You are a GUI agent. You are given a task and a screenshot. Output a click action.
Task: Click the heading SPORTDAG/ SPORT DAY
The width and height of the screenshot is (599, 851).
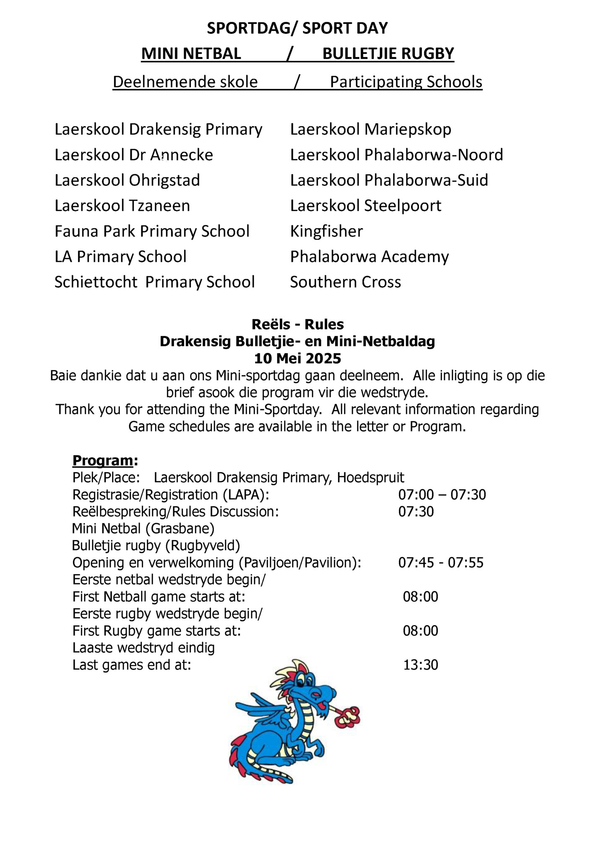click(297, 28)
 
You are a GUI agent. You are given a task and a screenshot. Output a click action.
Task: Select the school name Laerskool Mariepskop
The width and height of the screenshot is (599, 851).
click(370, 129)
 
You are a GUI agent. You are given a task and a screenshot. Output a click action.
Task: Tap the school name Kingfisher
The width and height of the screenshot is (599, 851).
click(326, 231)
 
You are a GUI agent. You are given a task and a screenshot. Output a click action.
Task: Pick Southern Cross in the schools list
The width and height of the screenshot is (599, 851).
click(345, 282)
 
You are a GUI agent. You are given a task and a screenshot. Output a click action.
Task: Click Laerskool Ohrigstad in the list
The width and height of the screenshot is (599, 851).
click(127, 180)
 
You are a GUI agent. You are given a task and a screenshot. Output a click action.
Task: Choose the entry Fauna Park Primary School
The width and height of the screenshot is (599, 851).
click(152, 231)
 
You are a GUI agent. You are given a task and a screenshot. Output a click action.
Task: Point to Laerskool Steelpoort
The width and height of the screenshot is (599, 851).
click(365, 206)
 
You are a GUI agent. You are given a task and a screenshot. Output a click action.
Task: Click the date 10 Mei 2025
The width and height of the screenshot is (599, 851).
click(297, 358)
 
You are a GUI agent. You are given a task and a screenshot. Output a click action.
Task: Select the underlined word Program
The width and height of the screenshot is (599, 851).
click(103, 460)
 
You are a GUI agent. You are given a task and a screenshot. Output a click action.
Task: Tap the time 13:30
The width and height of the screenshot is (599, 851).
click(421, 665)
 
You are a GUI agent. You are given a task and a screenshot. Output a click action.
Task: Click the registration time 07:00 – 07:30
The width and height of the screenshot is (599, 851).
click(442, 494)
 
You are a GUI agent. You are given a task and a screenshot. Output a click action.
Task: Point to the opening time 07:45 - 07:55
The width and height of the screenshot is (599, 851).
click(441, 562)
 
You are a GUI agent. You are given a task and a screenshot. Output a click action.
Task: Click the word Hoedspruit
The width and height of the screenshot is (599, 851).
click(371, 478)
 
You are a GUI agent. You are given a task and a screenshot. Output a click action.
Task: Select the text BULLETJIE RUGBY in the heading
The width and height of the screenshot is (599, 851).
click(388, 54)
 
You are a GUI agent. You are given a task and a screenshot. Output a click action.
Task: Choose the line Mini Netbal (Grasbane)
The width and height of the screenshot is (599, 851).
click(143, 528)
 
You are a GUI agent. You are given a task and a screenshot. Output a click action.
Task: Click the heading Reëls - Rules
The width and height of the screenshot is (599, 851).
click(297, 324)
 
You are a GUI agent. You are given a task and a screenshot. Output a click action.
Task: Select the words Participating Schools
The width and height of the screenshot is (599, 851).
click(406, 82)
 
